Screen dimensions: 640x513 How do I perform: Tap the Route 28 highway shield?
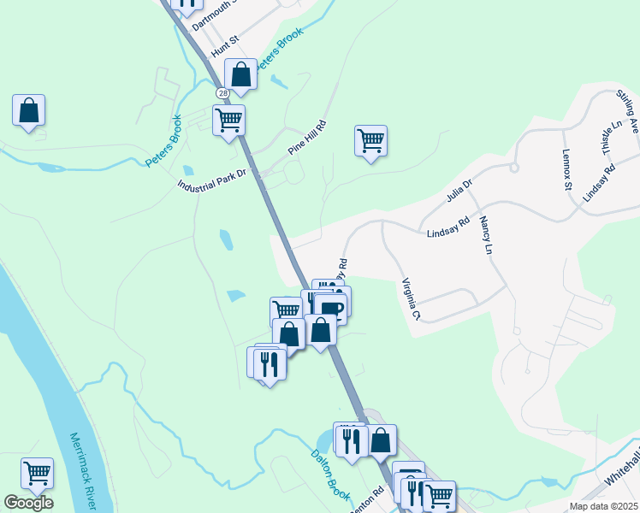[x=222, y=92]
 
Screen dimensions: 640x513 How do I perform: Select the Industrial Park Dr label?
[x=211, y=180]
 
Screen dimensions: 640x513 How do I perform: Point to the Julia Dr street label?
[x=459, y=190]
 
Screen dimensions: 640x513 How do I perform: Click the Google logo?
[x=28, y=503]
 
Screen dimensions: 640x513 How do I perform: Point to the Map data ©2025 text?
[x=602, y=506]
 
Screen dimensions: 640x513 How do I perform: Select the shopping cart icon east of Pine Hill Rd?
[x=370, y=140]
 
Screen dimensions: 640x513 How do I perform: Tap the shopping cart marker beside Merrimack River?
[x=37, y=472]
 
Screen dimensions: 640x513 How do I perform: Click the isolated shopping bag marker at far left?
[x=29, y=110]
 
